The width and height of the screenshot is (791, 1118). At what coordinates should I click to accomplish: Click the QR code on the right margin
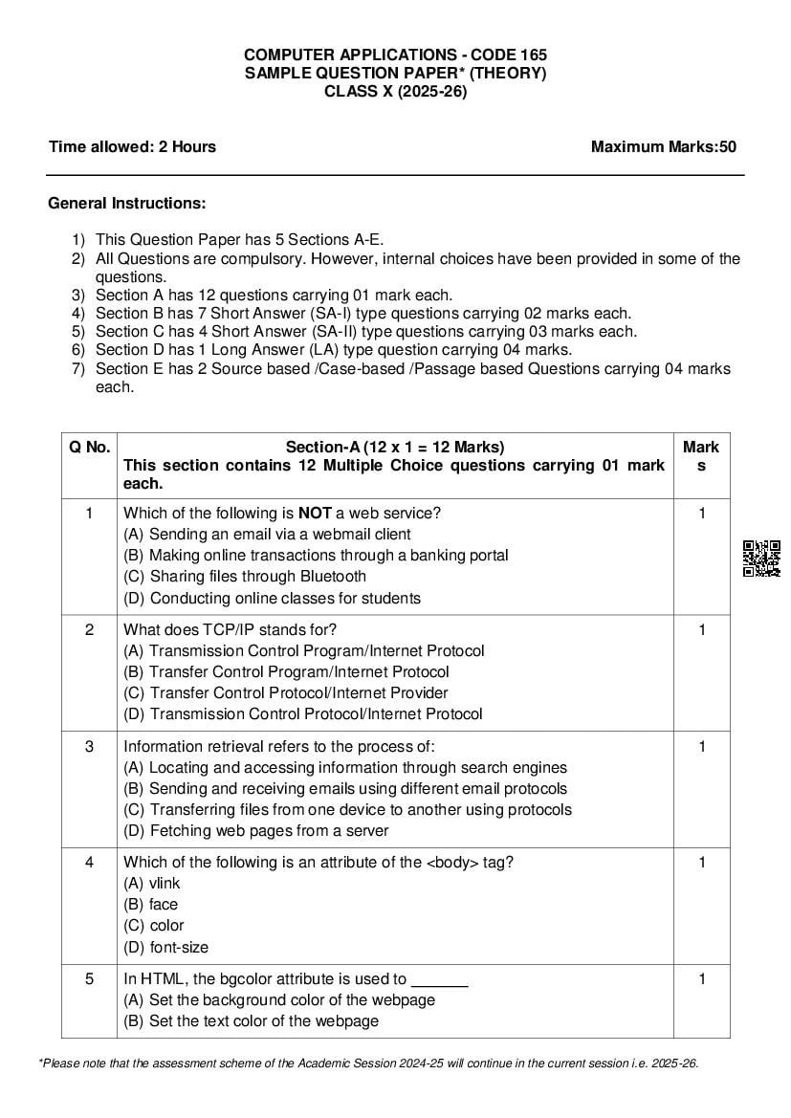761,559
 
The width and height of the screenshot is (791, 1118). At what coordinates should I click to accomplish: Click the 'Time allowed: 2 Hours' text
132,146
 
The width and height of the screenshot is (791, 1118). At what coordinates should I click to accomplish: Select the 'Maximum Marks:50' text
663,146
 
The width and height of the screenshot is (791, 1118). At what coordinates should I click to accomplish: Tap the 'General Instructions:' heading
126,204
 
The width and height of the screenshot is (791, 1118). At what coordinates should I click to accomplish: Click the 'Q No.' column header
89,447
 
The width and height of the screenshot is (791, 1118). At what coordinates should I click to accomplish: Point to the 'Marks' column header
701,456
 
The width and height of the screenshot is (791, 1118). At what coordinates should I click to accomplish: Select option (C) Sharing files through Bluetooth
245,577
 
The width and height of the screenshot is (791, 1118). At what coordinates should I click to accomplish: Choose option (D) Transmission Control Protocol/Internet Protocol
303,714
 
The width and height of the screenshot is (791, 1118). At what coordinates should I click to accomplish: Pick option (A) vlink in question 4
152,884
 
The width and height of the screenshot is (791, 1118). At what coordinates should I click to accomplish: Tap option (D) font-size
166,948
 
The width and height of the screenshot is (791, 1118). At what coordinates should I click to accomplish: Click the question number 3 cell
89,747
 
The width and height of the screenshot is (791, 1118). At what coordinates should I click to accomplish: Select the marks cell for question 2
701,629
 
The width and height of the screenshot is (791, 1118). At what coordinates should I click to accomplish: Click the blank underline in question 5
439,980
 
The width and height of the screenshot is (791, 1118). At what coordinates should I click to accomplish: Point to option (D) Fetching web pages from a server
256,831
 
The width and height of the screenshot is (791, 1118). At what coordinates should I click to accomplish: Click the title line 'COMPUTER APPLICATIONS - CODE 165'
395,55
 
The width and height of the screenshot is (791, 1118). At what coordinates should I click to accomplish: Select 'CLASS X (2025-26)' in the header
395,92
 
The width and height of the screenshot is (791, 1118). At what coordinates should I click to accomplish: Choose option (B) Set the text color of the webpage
251,1021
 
